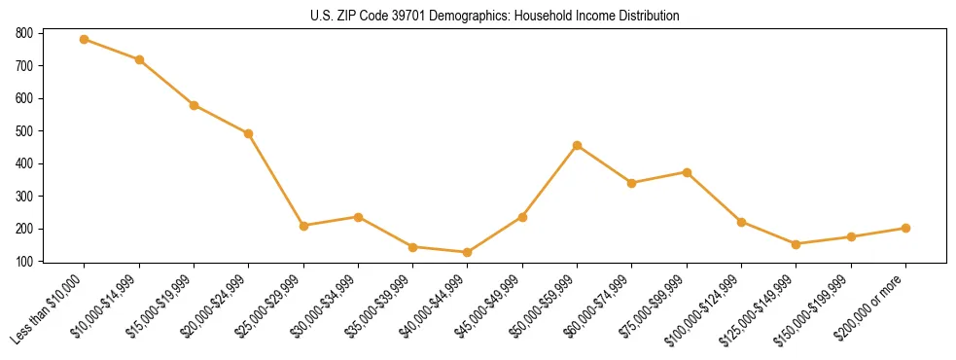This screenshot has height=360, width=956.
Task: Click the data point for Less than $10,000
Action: [85, 39]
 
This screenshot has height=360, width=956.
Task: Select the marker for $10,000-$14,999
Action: [139, 60]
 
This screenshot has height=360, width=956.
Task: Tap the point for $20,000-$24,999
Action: [249, 133]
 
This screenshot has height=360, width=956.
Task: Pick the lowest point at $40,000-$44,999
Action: [468, 252]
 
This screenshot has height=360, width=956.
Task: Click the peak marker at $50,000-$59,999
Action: [578, 145]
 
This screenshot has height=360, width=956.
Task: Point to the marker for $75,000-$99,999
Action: [687, 172]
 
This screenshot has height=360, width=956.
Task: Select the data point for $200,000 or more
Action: [905, 228]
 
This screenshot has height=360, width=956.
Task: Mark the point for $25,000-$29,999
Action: [303, 226]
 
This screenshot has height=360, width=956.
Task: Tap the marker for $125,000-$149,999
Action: [797, 244]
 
